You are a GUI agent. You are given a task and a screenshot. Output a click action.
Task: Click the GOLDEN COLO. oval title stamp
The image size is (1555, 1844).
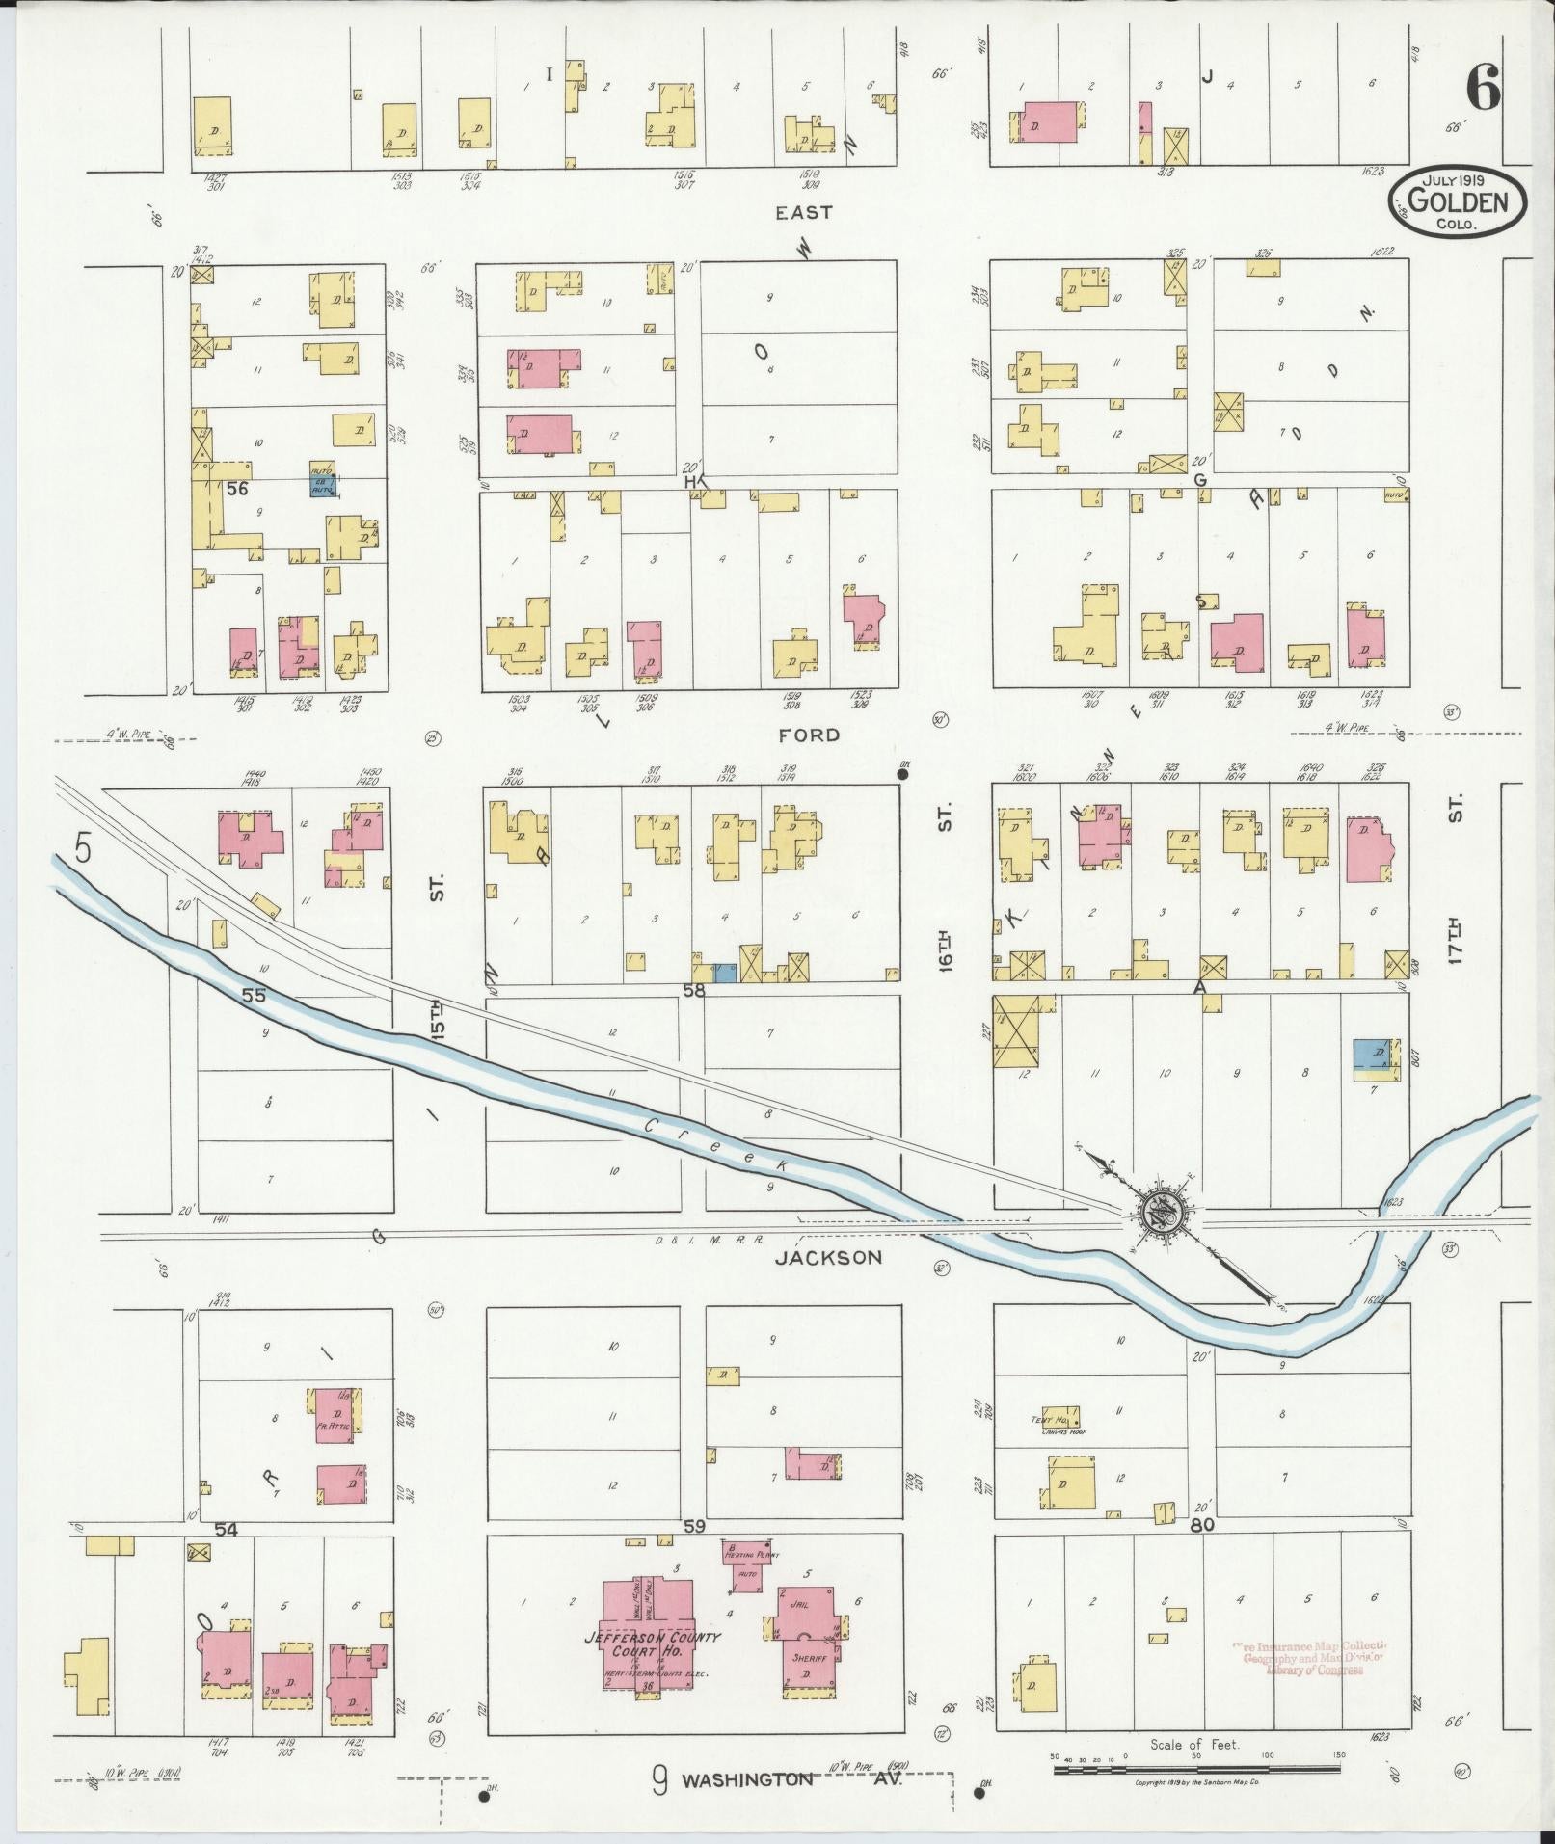pos(1457,202)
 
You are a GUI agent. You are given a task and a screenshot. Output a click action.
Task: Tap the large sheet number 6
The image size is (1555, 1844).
pos(1483,92)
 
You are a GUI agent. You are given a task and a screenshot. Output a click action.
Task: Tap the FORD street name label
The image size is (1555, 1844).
pos(809,735)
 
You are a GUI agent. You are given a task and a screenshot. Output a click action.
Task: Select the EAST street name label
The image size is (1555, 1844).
pos(803,212)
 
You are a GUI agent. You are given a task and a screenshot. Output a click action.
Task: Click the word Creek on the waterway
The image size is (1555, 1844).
pos(717,1146)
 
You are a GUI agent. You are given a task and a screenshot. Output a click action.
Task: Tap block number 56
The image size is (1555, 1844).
pos(237,489)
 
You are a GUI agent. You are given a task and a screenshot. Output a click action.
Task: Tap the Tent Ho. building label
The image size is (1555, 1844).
pos(1061,1419)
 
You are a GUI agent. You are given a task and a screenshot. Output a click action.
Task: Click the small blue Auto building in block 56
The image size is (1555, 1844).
pos(322,479)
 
